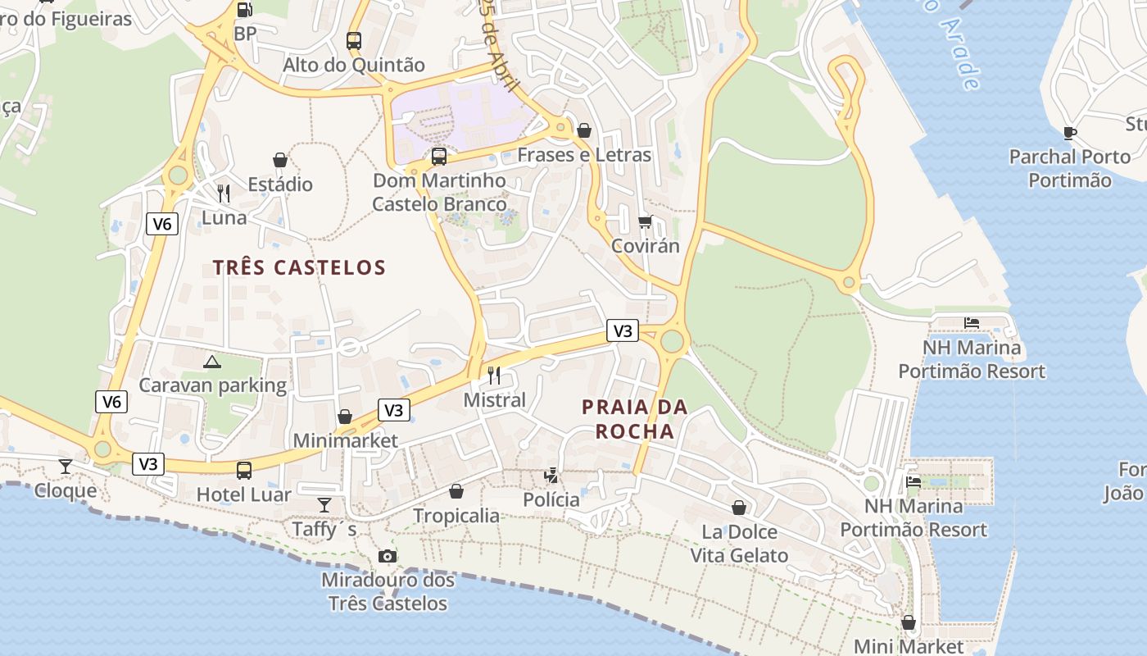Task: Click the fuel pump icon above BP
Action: (x=244, y=10)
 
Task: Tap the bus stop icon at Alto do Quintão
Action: (x=354, y=40)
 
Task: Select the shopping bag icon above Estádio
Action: (x=280, y=160)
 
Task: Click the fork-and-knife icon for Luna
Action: (x=224, y=194)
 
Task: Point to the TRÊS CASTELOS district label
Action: (x=299, y=267)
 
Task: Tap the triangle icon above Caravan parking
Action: (x=212, y=362)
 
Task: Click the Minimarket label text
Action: (x=345, y=440)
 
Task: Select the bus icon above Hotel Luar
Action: (x=244, y=471)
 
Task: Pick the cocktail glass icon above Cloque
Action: (x=66, y=467)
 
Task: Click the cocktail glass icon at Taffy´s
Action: (x=325, y=504)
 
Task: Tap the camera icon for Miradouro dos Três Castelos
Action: (x=388, y=557)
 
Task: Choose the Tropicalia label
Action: (x=456, y=516)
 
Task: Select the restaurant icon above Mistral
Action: (x=494, y=376)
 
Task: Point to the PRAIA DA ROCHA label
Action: (x=635, y=419)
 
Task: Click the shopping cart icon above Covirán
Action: (x=646, y=222)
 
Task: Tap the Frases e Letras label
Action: (x=584, y=155)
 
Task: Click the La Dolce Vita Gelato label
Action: (x=739, y=544)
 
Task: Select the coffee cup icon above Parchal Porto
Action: (x=1069, y=133)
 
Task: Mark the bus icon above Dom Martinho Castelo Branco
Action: (x=439, y=156)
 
